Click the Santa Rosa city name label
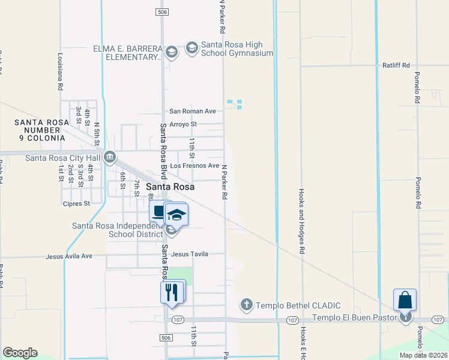171,187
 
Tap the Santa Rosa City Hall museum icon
110,158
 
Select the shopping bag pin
405,300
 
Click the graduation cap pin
176,214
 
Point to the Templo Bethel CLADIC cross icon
246,305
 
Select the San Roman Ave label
192,111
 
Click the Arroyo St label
183,124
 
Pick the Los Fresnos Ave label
194,166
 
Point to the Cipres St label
76,203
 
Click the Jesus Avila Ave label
70,256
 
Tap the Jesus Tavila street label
190,254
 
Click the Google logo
20,353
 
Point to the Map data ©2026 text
423,355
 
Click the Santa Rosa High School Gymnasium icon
192,49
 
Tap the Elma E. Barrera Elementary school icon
172,52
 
